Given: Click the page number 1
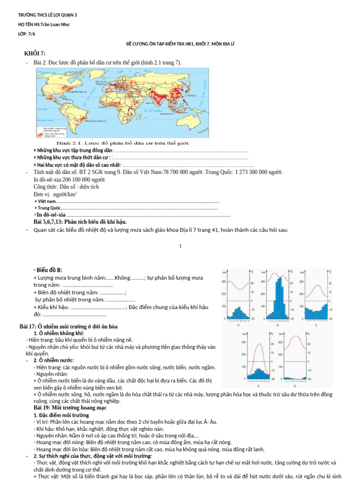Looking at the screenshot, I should [180, 246].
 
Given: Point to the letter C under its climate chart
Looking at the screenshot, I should [315, 325].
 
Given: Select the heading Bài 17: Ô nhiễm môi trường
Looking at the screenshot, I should [68, 326].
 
